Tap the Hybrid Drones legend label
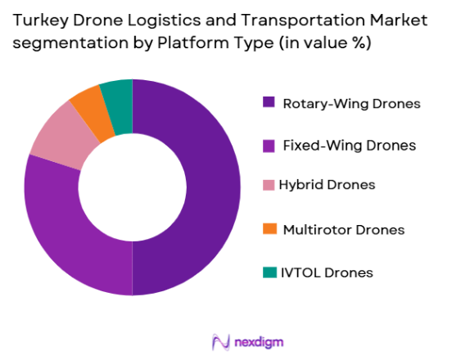click(327, 185)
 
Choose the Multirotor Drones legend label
click(343, 229)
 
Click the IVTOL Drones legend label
click(327, 272)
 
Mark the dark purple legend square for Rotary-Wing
click(269, 102)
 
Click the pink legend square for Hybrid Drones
click(269, 185)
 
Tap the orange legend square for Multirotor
click(269, 229)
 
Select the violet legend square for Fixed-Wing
click(269, 146)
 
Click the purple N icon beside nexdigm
click(219, 341)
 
